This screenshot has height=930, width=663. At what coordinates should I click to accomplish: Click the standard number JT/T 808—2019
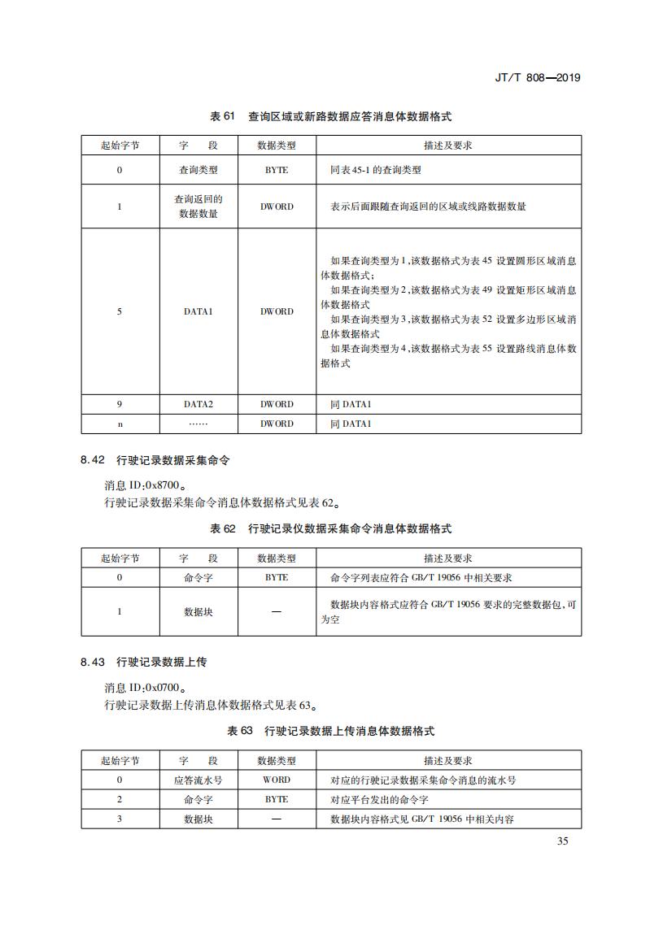(536, 78)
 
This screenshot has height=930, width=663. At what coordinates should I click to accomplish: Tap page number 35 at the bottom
(563, 841)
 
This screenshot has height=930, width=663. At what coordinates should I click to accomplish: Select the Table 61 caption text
(330, 116)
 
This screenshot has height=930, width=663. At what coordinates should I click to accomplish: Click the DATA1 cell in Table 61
(198, 311)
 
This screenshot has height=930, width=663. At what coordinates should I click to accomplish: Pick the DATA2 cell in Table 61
(198, 404)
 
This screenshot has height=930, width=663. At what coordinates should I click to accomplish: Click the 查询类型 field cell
(198, 171)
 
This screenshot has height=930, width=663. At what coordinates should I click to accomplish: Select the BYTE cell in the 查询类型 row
(277, 171)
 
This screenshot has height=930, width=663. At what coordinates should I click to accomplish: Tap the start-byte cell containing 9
(120, 404)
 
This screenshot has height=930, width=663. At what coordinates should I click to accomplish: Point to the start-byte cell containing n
(120, 424)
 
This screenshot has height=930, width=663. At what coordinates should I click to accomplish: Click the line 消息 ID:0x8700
(145, 485)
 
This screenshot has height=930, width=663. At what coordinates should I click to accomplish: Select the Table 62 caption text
(330, 528)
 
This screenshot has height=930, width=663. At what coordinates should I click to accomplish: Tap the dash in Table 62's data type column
(277, 611)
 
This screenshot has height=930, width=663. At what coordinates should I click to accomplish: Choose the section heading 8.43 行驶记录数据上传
(150, 662)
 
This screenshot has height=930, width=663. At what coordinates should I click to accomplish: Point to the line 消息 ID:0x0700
(145, 687)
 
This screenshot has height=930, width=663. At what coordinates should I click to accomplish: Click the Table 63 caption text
(330, 731)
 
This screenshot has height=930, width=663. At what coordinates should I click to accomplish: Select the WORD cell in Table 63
(277, 780)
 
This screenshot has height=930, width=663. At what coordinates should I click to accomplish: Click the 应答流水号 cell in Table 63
(198, 780)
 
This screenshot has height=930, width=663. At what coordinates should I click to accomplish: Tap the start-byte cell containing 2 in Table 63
(120, 799)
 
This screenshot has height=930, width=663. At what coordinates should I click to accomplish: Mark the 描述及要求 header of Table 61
(448, 146)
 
